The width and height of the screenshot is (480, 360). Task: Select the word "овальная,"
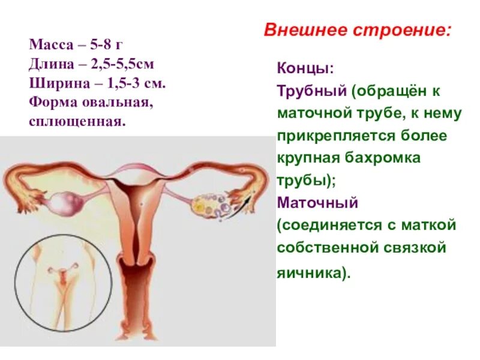(x=115, y=103)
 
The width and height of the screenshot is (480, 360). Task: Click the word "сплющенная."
(x=77, y=121)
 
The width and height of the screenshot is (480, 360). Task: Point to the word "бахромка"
(x=390, y=158)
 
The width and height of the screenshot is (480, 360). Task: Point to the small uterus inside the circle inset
(x=63, y=276)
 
